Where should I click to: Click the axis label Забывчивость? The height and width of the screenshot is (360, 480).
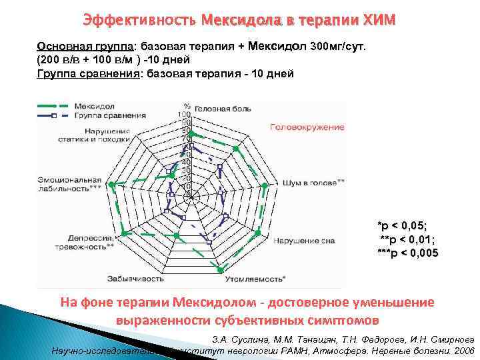tap(133, 277)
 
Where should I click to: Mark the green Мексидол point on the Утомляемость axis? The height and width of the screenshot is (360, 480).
tap(218, 269)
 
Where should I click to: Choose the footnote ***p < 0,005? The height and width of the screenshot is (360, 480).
tap(407, 252)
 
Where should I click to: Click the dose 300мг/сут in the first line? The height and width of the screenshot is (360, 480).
tap(338, 47)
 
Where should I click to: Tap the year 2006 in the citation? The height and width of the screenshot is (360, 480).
tap(461, 349)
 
